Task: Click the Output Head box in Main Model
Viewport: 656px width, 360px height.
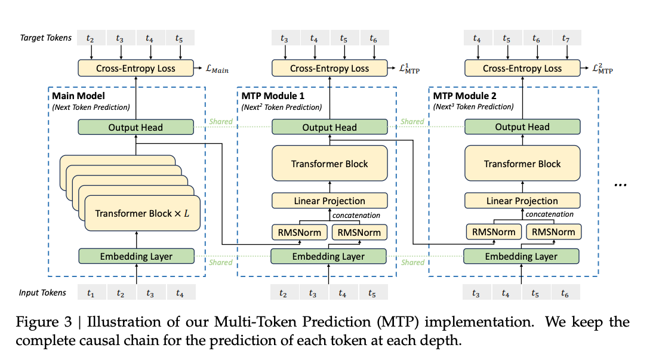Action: pyautogui.click(x=135, y=127)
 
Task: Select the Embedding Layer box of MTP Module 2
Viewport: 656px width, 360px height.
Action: pyautogui.click(x=522, y=256)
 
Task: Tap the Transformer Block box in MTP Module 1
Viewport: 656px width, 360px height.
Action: pyautogui.click(x=329, y=164)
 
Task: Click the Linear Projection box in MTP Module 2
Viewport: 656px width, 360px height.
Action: pyautogui.click(x=522, y=201)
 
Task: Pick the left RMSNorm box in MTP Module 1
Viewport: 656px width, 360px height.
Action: pyautogui.click(x=300, y=232)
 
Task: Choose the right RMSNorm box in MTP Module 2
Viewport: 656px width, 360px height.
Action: pyautogui.click(x=553, y=232)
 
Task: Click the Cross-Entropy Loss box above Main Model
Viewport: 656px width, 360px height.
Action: pyautogui.click(x=135, y=68)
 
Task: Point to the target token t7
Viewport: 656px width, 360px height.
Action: pyautogui.click(x=565, y=39)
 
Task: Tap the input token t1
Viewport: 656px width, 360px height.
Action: pyautogui.click(x=91, y=293)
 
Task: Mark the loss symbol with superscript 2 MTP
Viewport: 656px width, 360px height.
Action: pyautogui.click(x=602, y=70)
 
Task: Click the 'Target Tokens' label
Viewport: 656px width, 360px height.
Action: pyautogui.click(x=45, y=38)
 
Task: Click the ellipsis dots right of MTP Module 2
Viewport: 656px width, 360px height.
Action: pyautogui.click(x=620, y=185)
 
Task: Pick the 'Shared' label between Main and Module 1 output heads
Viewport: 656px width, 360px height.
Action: pyautogui.click(x=220, y=122)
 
